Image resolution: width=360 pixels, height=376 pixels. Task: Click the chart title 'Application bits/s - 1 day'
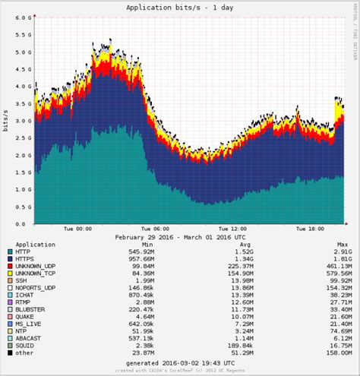point(180,7)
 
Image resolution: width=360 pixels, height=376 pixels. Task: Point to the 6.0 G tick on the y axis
point(24,16)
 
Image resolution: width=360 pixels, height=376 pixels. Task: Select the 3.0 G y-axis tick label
point(24,120)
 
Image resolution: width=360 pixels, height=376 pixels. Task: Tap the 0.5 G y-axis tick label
point(24,207)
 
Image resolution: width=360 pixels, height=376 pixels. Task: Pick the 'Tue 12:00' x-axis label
point(232,229)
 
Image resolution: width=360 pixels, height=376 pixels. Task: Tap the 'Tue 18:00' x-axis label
point(310,229)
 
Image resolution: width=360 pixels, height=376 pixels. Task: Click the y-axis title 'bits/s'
point(6,120)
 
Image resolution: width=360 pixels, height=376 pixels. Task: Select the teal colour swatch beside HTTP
point(9,251)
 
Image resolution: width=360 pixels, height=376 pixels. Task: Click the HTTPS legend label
point(28,260)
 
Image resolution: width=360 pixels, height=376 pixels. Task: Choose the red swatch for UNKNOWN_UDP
point(9,267)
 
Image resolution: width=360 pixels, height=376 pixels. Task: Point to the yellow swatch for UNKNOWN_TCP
point(9,276)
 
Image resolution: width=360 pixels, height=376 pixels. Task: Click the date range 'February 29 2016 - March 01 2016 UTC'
point(180,236)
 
